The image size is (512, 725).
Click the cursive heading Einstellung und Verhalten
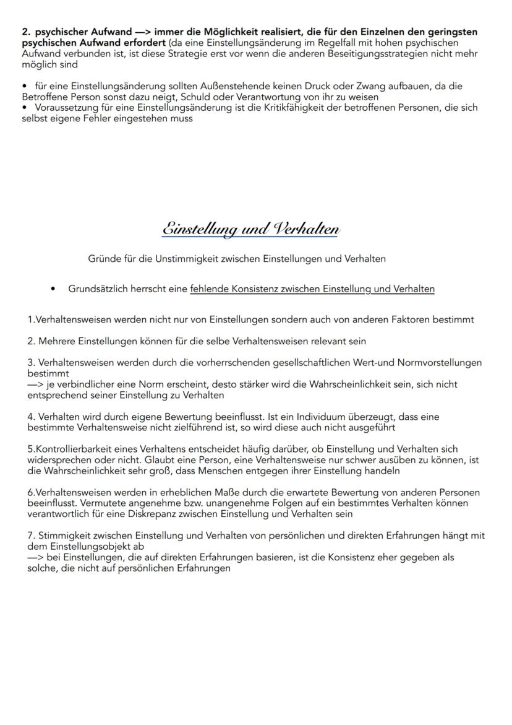pos(250,228)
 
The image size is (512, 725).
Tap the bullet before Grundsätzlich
pos(54,289)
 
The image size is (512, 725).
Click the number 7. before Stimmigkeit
pos(31,536)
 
